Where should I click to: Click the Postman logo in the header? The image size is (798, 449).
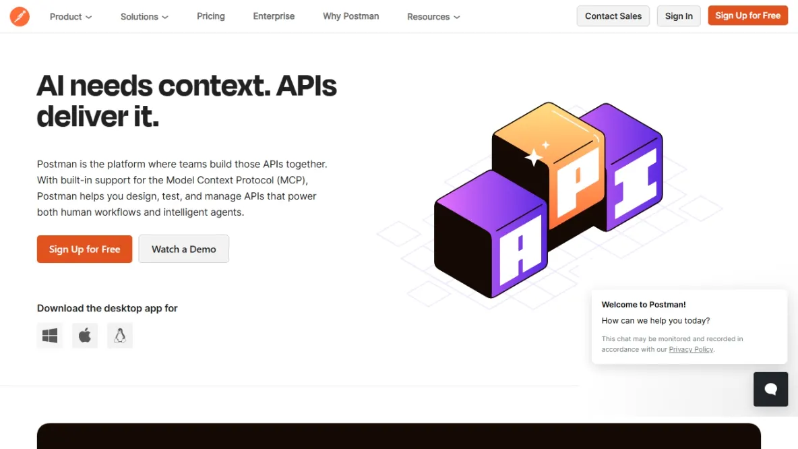(20, 16)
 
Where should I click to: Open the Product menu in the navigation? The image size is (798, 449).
(71, 16)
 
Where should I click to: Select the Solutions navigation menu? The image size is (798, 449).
(144, 16)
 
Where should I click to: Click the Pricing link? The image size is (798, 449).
(211, 16)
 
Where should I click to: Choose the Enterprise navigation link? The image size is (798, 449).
(274, 16)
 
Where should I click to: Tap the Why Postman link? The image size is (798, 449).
(350, 16)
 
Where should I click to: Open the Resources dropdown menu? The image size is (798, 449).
(433, 16)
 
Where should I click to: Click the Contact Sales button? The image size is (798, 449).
(613, 16)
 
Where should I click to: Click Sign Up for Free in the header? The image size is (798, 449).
(747, 16)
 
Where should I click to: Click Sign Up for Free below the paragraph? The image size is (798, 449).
(84, 249)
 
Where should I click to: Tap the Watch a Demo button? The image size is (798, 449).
(184, 249)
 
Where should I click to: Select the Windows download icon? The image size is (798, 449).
(50, 336)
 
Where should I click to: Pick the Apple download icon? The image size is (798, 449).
(85, 336)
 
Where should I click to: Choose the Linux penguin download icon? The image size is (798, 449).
(120, 336)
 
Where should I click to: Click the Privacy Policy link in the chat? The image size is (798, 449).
(691, 349)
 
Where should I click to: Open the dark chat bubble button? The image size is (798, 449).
(770, 389)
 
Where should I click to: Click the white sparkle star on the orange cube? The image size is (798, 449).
(534, 157)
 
